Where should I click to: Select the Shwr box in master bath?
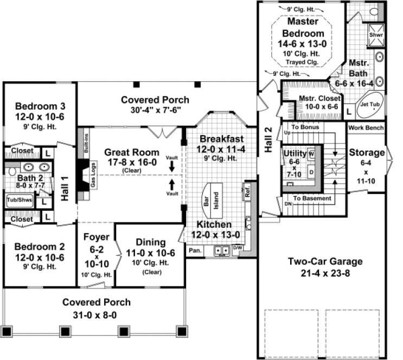coord(375,35)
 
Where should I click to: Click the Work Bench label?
coord(366,128)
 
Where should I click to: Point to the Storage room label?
coord(367,153)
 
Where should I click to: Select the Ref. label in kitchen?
coord(247,192)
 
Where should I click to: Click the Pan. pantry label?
coord(194,251)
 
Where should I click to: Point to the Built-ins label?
coord(86,143)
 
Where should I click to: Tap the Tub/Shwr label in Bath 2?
coord(19,200)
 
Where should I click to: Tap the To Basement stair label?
coord(312,198)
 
